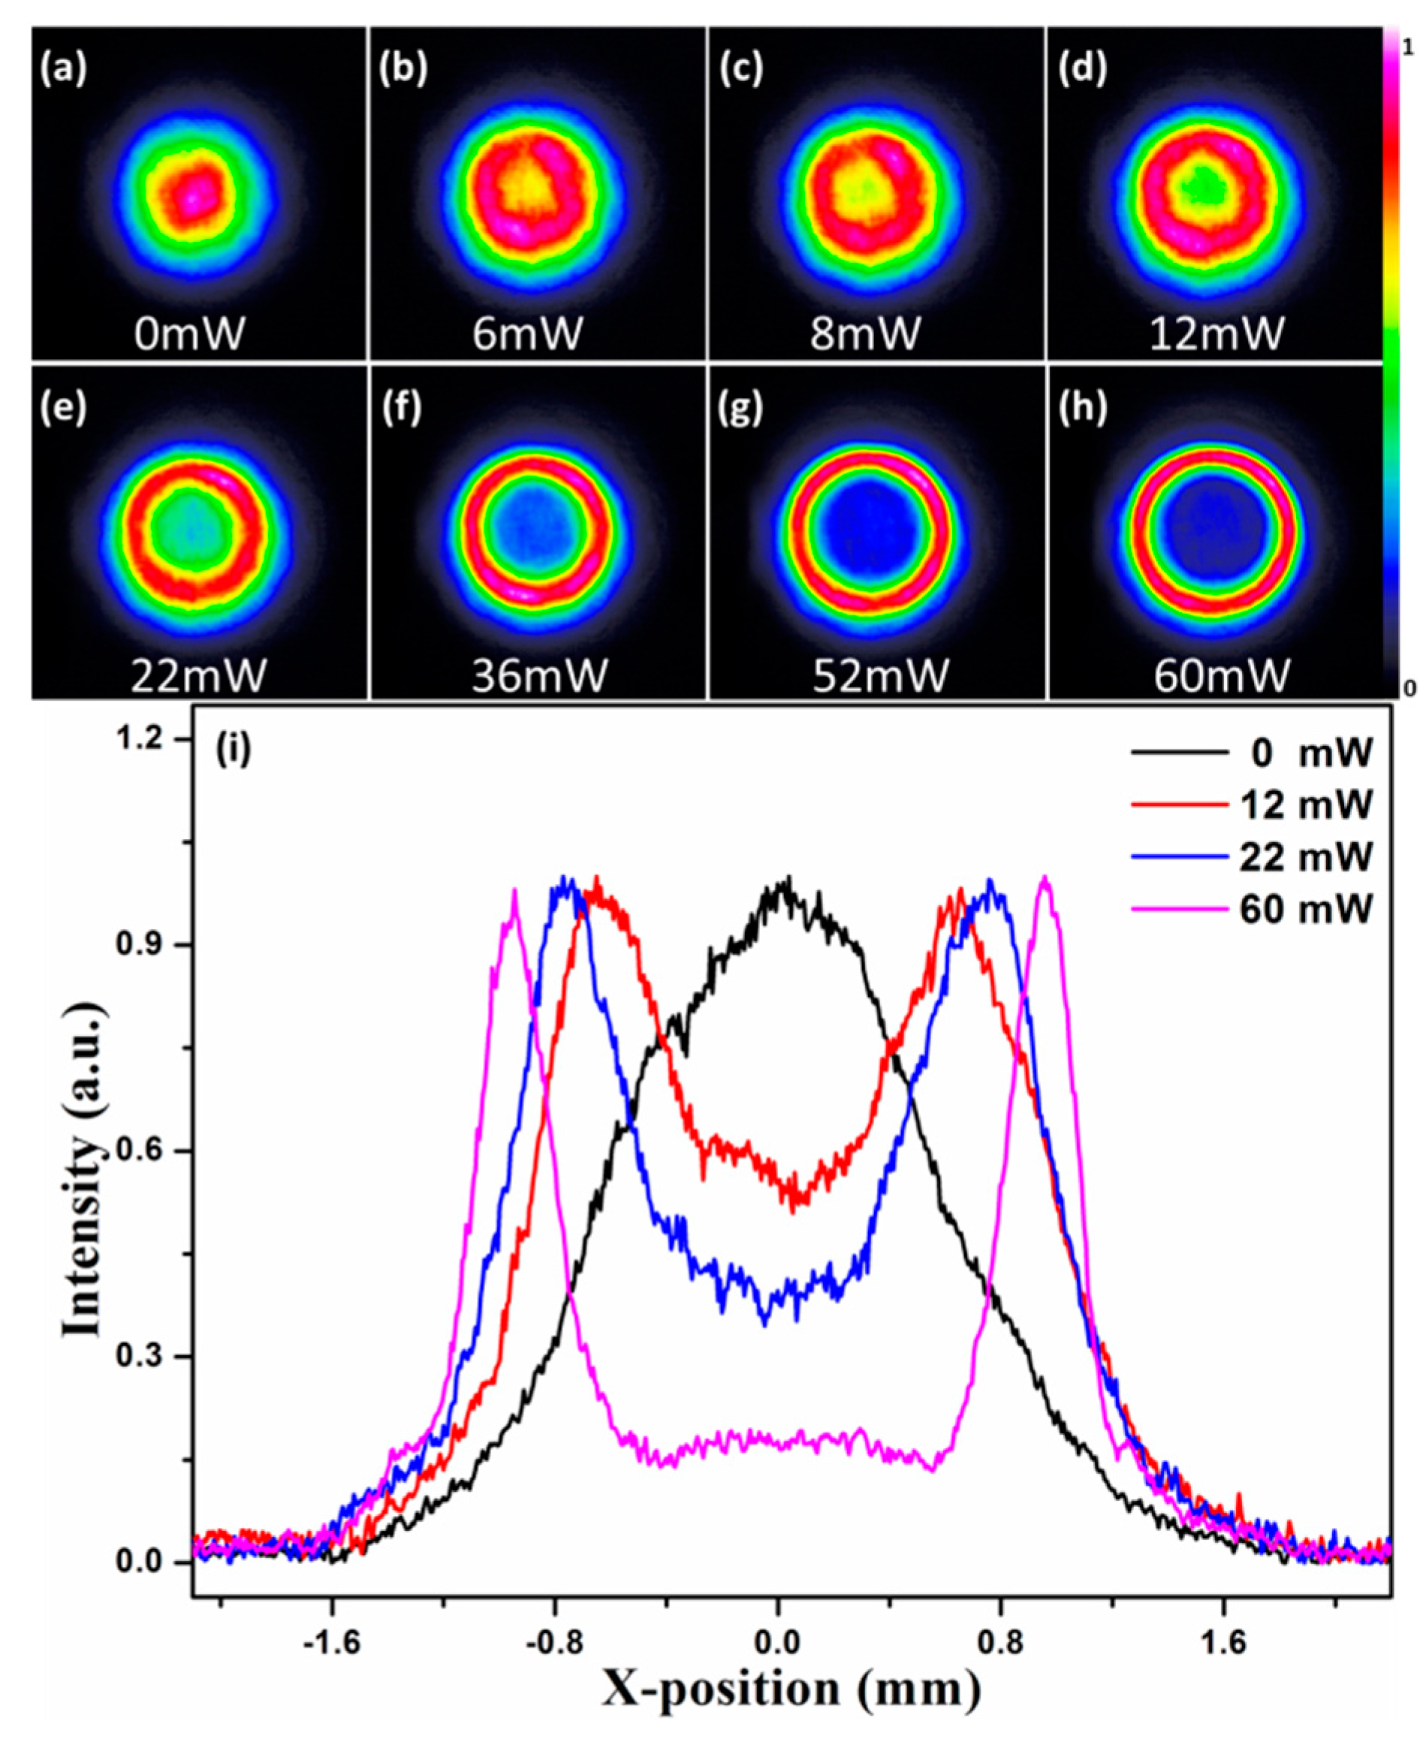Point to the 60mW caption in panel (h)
(1221, 675)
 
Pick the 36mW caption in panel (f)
(539, 675)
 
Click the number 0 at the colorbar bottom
(1409, 689)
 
